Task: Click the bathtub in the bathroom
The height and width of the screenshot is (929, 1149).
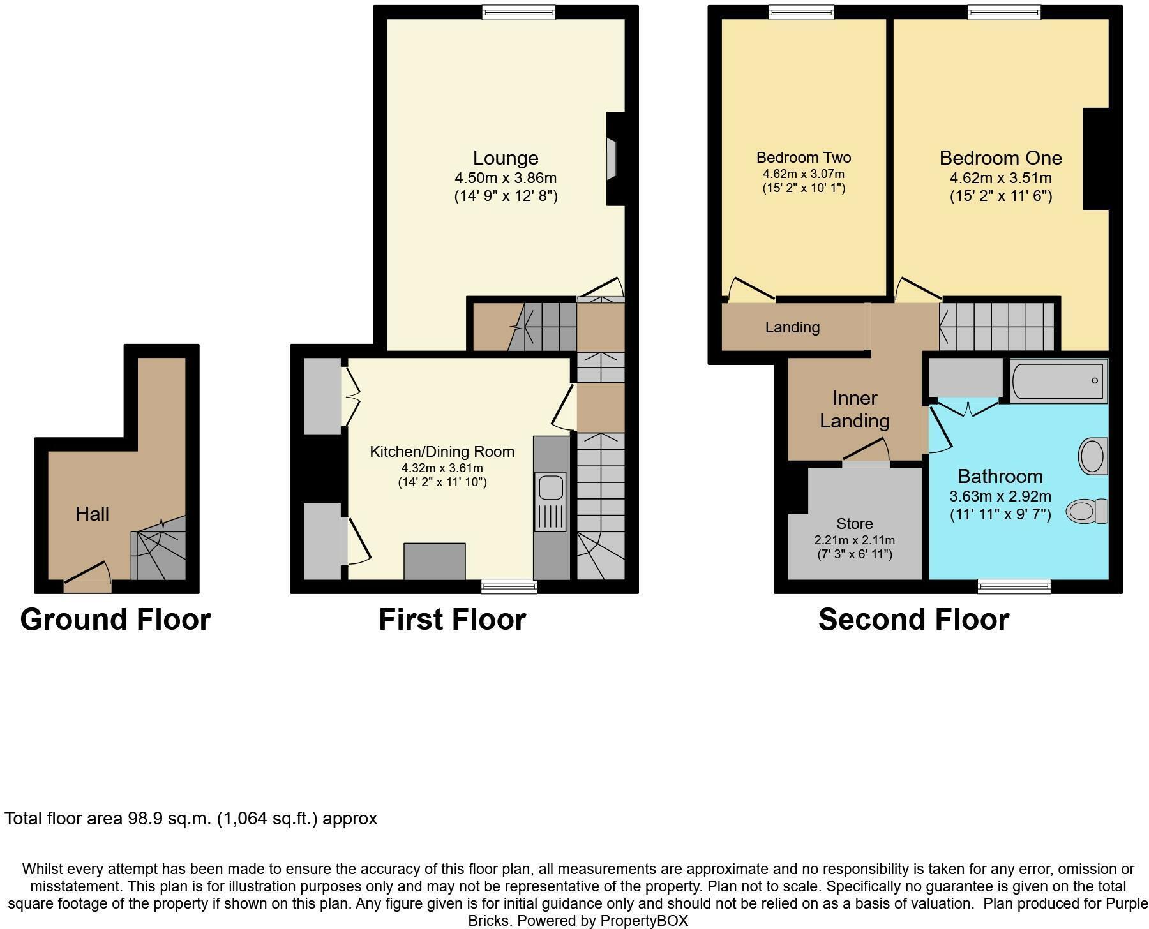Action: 1058,381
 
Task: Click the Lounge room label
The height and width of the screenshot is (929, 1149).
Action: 505,158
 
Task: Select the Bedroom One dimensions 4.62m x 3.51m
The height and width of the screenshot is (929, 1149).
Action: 1000,178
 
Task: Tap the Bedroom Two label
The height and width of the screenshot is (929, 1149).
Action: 803,157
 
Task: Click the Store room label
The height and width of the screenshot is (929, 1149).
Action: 854,524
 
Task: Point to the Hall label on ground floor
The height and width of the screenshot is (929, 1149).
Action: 92,514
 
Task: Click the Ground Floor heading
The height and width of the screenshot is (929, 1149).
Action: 116,620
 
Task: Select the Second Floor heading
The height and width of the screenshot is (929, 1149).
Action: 913,620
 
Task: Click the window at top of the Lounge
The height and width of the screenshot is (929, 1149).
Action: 518,12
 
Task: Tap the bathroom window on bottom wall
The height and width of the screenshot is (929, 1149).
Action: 1014,586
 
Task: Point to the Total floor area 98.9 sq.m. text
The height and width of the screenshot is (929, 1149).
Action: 191,819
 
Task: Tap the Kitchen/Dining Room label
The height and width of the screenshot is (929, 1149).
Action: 442,452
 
